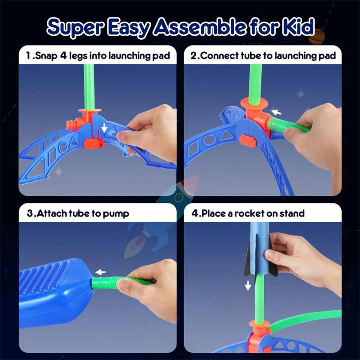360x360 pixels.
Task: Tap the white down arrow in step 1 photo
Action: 104,128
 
